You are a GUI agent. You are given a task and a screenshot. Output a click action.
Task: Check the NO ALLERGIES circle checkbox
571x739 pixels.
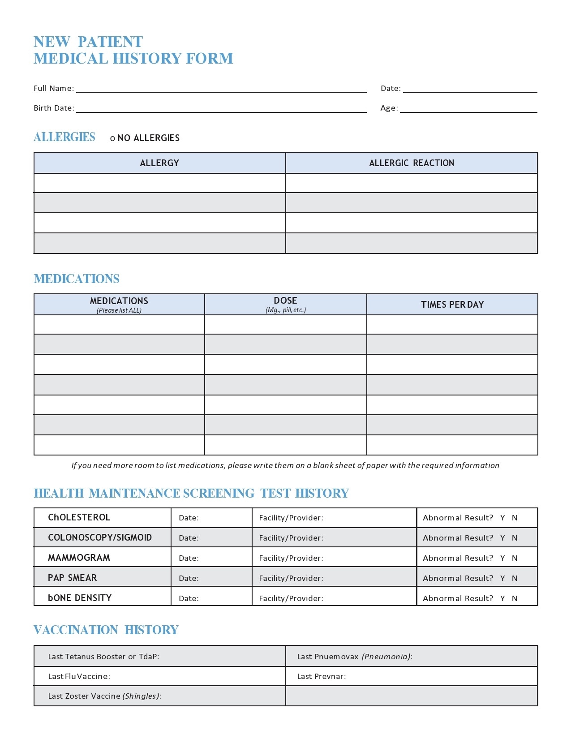click(112, 138)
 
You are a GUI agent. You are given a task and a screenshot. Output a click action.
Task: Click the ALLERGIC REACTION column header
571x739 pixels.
click(412, 163)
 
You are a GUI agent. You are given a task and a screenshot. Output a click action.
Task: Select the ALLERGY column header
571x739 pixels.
click(159, 163)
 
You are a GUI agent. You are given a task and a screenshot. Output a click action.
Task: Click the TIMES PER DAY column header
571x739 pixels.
click(452, 305)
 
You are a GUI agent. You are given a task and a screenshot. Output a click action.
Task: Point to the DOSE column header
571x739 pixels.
click(285, 301)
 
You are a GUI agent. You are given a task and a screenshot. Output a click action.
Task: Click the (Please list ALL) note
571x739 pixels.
click(119, 310)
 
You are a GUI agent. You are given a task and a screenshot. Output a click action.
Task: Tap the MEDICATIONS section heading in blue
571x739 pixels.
click(77, 279)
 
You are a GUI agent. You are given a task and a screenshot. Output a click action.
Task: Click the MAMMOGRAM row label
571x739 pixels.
click(79, 558)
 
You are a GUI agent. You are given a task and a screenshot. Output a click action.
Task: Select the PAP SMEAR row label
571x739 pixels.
click(73, 578)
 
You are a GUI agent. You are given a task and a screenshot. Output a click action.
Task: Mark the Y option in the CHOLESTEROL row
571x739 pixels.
click(502, 518)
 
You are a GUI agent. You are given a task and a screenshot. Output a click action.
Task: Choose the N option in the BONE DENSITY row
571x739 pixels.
click(515, 598)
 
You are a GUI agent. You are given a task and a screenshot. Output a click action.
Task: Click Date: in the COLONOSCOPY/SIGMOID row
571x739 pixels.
click(189, 538)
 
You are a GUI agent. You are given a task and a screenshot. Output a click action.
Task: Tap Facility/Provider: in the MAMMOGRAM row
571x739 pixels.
click(291, 558)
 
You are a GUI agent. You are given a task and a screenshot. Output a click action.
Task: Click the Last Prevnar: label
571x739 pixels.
click(322, 676)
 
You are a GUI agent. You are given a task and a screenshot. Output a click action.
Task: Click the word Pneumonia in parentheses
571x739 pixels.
click(386, 657)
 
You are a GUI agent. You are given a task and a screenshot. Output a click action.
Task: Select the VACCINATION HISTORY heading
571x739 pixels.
click(106, 630)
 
